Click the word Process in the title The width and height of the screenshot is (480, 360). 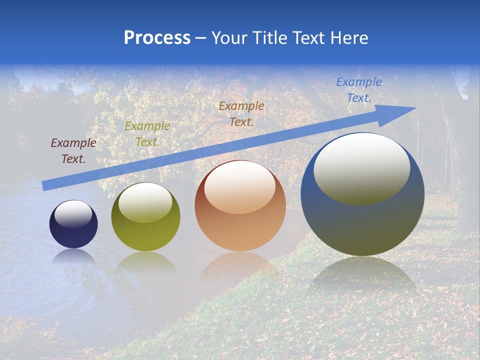[x=157, y=38]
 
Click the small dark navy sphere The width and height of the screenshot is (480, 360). [x=73, y=224]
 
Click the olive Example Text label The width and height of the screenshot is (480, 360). [x=147, y=134]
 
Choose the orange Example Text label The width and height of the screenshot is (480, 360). [x=241, y=114]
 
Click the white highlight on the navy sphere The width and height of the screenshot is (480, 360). [x=73, y=213]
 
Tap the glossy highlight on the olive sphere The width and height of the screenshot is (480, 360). [x=145, y=202]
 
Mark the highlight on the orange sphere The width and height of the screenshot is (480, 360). [x=239, y=186]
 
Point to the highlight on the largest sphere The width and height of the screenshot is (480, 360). [x=361, y=168]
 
